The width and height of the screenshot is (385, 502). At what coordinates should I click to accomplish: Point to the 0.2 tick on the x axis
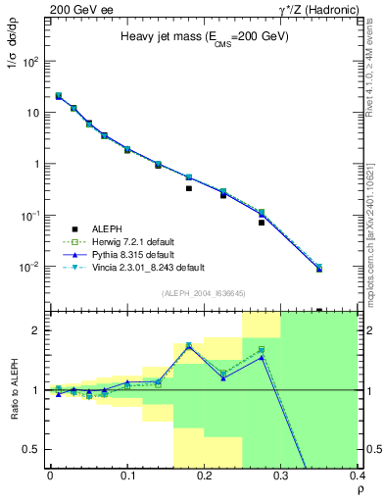(x=204, y=476)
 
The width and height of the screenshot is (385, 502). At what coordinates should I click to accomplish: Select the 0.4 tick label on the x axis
(x=355, y=476)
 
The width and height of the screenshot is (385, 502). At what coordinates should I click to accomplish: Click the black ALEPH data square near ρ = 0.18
(x=188, y=188)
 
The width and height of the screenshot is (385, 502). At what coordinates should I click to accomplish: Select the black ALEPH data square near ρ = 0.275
(x=262, y=223)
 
